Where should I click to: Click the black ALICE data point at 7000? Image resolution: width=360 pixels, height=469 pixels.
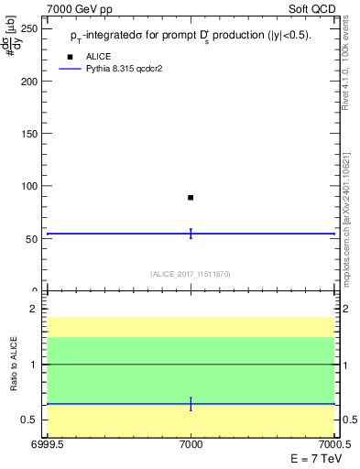pyautogui.click(x=191, y=197)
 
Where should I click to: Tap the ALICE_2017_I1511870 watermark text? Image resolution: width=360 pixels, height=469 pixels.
pyautogui.click(x=191, y=274)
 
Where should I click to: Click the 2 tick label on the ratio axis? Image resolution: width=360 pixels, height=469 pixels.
pyautogui.click(x=34, y=310)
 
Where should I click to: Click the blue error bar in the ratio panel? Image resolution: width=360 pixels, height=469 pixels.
pyautogui.click(x=191, y=404)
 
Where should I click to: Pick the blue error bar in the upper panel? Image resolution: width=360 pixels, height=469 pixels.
pyautogui.click(x=191, y=234)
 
